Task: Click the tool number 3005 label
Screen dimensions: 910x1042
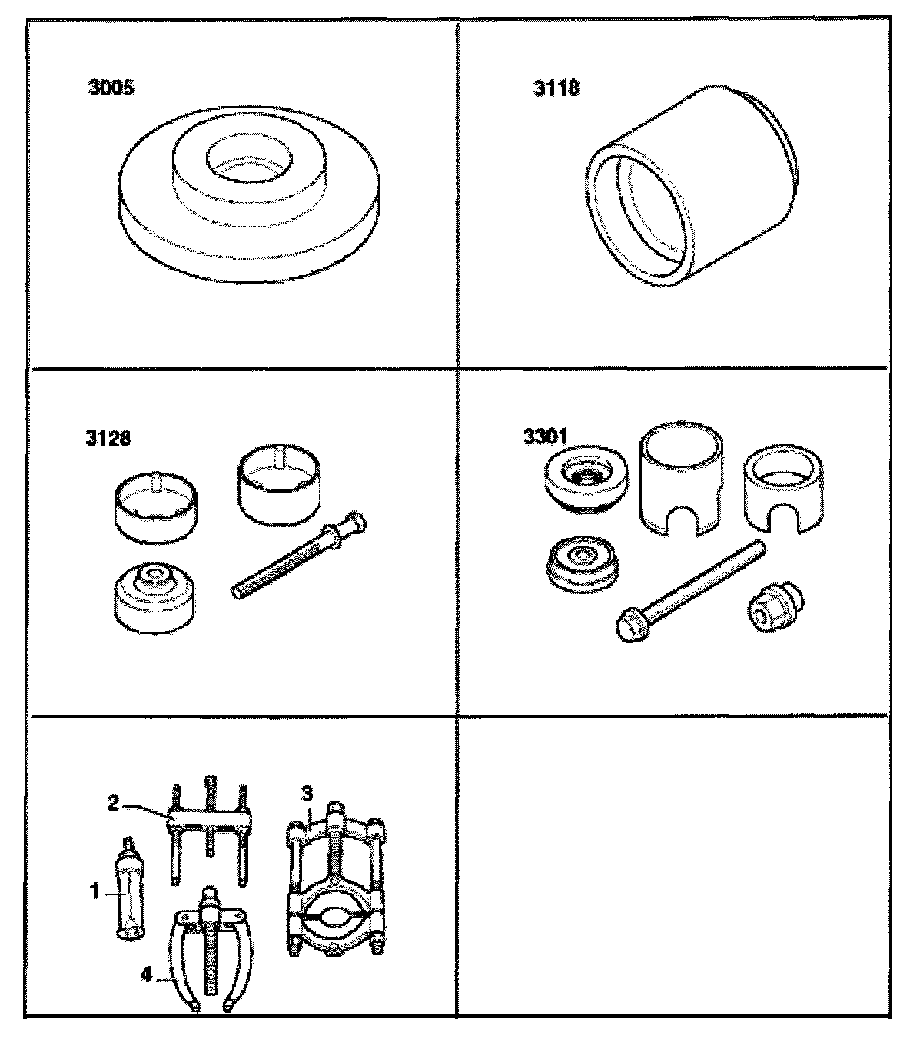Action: pos(111,88)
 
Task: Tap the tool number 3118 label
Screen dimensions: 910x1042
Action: pos(556,88)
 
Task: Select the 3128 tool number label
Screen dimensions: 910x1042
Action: pos(108,439)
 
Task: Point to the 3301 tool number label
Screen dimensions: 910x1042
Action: pos(546,437)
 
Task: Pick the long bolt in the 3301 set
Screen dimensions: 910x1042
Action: pos(690,591)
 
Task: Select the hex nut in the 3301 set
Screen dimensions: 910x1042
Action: pos(775,607)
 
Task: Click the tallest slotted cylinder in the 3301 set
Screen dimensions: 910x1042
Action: pos(682,479)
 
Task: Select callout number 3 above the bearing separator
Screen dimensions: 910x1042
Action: pos(307,793)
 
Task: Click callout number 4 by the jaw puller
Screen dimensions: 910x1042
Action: pos(146,975)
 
